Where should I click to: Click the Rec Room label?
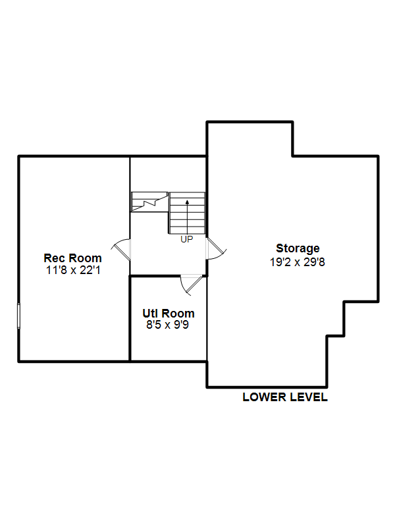(72, 258)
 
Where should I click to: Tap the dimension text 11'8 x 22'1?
(73, 270)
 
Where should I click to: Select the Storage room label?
(298, 249)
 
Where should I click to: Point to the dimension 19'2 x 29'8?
(298, 262)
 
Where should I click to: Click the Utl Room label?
(169, 314)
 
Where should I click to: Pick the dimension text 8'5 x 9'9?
(168, 325)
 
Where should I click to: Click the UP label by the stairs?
(187, 239)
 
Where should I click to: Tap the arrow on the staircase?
(187, 217)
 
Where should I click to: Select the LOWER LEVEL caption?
(285, 397)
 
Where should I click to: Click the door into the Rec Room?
(121, 249)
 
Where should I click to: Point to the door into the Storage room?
(216, 249)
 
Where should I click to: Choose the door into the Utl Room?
(192, 285)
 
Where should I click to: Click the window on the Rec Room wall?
(19, 316)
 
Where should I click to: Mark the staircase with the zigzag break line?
(149, 202)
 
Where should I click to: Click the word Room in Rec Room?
(86, 258)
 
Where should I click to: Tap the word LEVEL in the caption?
(309, 397)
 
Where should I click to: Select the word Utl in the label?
(150, 314)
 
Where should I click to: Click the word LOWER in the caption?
(265, 397)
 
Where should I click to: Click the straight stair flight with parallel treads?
(187, 213)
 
